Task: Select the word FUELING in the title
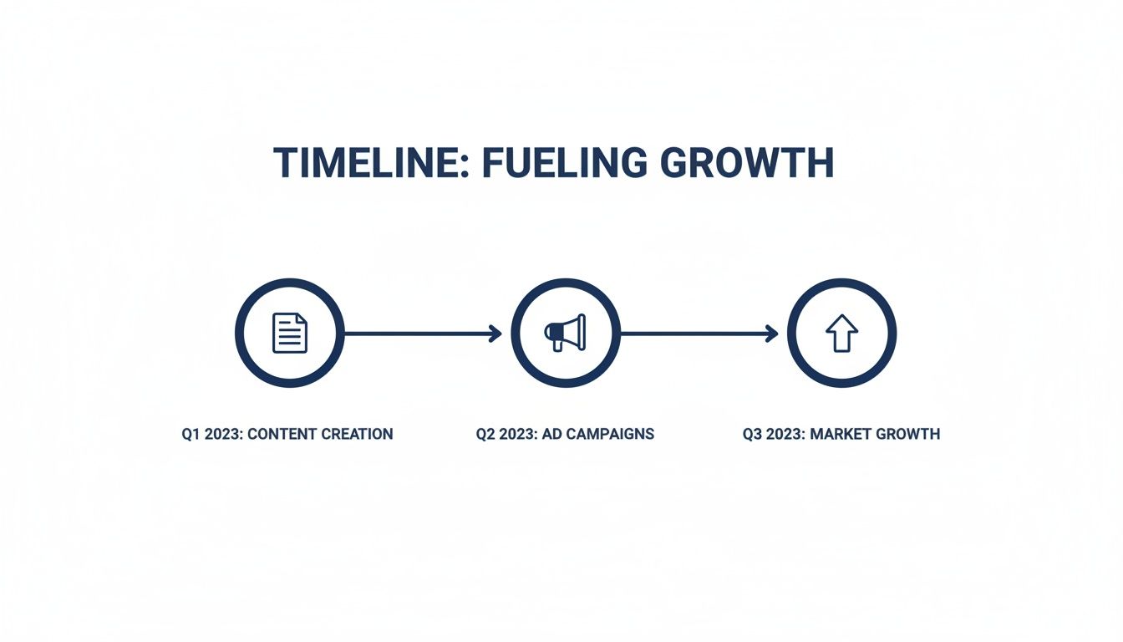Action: click(553, 163)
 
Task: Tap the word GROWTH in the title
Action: click(746, 163)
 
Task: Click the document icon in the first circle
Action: click(290, 333)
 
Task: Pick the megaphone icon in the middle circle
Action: click(566, 333)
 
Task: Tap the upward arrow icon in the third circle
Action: click(841, 333)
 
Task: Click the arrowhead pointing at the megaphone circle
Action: click(495, 334)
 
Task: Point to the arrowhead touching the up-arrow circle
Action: click(771, 334)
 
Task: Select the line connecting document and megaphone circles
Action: click(418, 334)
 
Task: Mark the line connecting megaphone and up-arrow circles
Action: click(694, 334)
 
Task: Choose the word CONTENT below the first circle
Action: click(285, 435)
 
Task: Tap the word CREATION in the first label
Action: click(358, 435)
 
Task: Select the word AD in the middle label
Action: click(551, 435)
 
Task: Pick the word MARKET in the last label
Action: click(840, 435)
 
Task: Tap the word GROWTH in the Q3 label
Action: click(909, 435)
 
